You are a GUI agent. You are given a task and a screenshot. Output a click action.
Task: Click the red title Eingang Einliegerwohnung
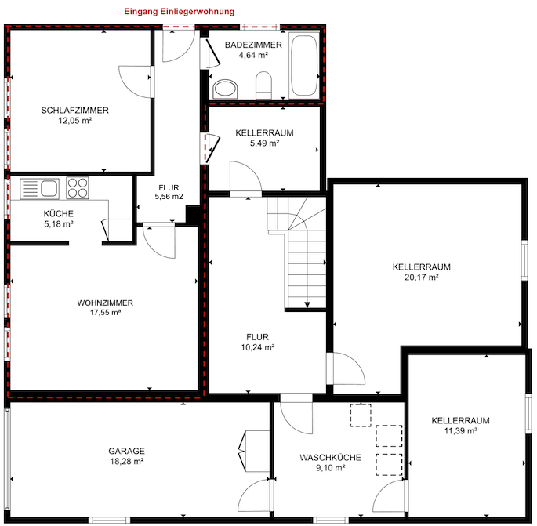click(x=180, y=12)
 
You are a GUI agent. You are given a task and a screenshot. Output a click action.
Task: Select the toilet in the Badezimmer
click(x=263, y=85)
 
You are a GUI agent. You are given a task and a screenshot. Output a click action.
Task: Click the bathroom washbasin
click(x=225, y=87)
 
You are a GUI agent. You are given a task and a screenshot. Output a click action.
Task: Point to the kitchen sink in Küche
click(x=39, y=188)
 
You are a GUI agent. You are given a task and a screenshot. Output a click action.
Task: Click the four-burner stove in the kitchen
click(x=78, y=187)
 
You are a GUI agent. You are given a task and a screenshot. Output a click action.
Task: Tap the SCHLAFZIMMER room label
click(x=74, y=111)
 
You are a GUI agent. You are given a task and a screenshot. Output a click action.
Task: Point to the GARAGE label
click(x=126, y=451)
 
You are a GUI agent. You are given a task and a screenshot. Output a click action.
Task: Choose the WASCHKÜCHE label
click(x=330, y=457)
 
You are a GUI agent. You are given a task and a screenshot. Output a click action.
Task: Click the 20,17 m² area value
click(x=421, y=277)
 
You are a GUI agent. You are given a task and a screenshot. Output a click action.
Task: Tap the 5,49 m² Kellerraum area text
click(x=264, y=143)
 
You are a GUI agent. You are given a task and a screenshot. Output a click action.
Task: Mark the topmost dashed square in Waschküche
click(x=361, y=414)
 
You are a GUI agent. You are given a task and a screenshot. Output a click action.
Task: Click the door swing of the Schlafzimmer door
click(x=135, y=78)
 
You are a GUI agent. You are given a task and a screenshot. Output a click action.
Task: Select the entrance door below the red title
click(x=180, y=28)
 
